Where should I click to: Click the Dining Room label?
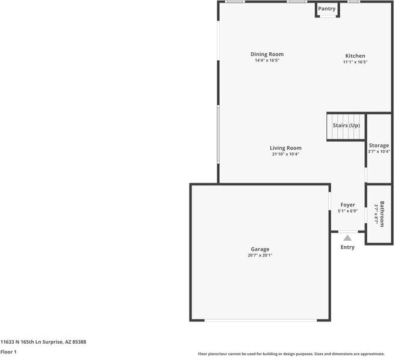(x=267, y=54)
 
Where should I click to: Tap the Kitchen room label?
(x=355, y=56)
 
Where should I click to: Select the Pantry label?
(x=327, y=9)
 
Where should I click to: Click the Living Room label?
(x=285, y=148)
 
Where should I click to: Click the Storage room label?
(x=379, y=146)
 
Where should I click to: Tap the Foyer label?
(x=347, y=205)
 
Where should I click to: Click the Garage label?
(x=260, y=249)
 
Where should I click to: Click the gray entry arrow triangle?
(x=347, y=238)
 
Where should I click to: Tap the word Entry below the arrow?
(x=347, y=247)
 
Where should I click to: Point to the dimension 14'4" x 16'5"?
(x=267, y=61)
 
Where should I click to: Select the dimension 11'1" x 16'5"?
(x=355, y=62)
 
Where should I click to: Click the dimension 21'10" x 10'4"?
(x=285, y=154)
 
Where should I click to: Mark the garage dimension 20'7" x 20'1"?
(x=260, y=255)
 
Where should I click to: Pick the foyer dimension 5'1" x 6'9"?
(x=347, y=211)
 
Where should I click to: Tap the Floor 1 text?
(x=8, y=352)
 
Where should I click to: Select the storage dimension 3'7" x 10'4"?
(x=379, y=152)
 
